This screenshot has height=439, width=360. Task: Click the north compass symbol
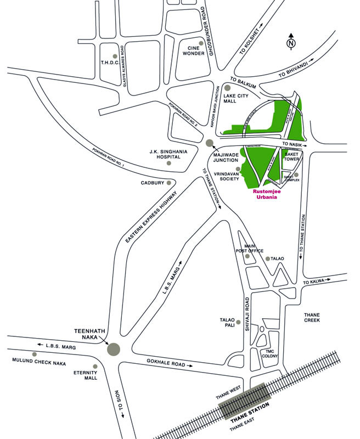[291, 41]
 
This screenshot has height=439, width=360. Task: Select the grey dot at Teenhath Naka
[114, 348]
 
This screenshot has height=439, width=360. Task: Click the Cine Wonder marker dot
[201, 43]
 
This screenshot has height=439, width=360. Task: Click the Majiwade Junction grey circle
[210, 143]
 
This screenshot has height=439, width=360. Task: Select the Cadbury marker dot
[169, 183]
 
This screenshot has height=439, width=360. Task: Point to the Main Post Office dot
[248, 256]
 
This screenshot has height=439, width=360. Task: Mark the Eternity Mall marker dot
[95, 366]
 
